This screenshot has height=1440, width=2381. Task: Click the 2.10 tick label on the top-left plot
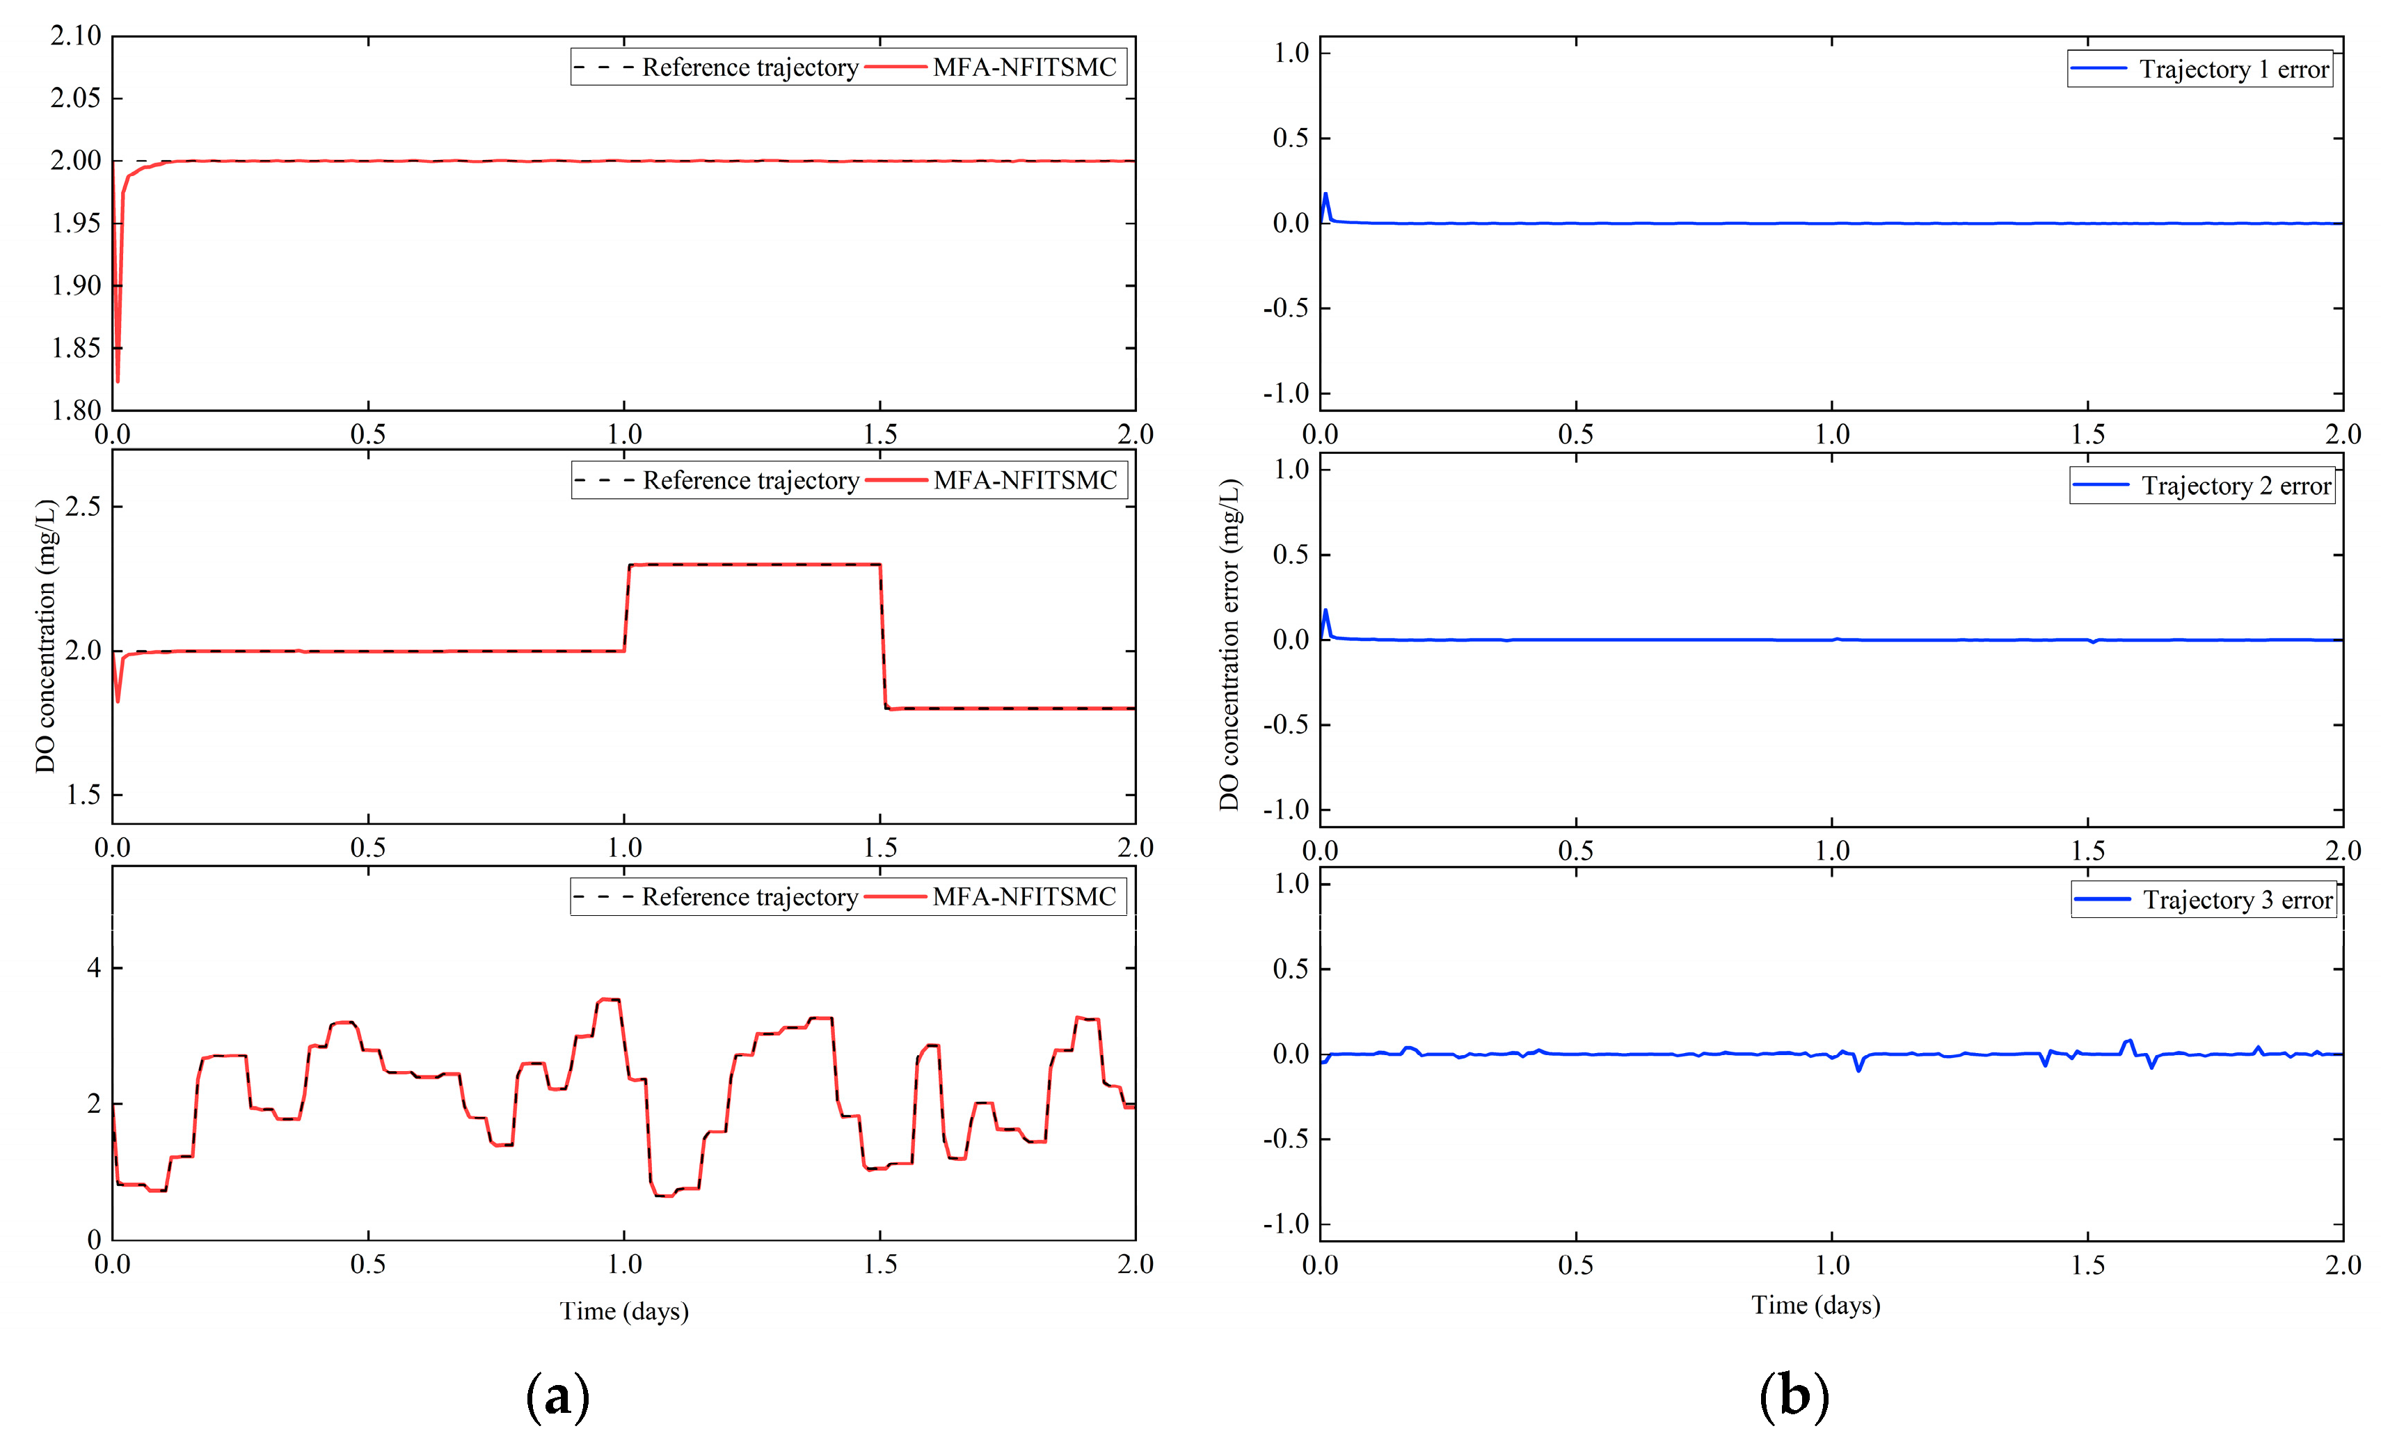pos(75,37)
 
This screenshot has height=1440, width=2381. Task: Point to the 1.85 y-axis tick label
pos(75,348)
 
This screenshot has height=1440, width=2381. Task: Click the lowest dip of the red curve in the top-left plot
pos(118,380)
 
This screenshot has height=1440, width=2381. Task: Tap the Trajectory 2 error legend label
pos(2235,485)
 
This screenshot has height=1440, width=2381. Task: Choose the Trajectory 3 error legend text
pos(2237,900)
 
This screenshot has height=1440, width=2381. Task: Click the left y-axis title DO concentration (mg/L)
pos(45,636)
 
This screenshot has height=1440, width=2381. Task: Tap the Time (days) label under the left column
pos(623,1311)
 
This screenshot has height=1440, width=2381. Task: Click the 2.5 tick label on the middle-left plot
pos(82,507)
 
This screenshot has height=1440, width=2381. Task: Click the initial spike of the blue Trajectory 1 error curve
pos(1325,195)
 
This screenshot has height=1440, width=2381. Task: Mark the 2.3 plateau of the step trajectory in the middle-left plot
pos(754,564)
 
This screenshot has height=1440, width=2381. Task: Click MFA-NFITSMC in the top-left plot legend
pos(1024,68)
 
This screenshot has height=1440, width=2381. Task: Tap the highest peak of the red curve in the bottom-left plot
pos(609,1000)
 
